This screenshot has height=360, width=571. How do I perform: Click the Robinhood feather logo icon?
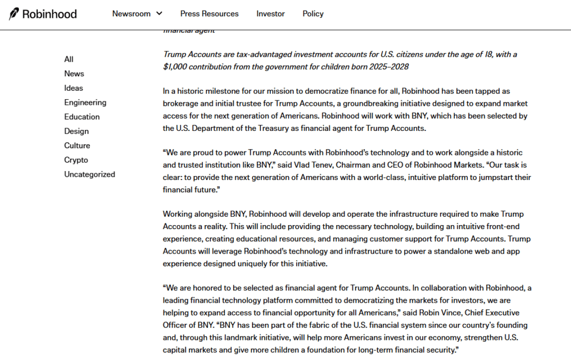coord(14,14)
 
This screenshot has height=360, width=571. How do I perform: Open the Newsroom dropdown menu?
coord(132,14)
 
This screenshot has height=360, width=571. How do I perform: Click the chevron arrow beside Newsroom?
coord(159,13)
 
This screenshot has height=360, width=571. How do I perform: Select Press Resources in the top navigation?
coord(209,14)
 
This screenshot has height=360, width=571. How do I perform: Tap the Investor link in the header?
coord(270,14)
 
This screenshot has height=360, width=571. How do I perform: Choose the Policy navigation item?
coord(313,14)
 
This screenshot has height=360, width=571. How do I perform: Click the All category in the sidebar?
coord(69,59)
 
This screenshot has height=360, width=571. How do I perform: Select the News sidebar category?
coord(74,74)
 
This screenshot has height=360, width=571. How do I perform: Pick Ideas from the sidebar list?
coord(73,88)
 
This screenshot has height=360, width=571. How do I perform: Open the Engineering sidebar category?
coord(85,103)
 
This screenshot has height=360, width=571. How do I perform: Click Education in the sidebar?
coord(81,117)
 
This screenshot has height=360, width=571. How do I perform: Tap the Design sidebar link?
coord(76,132)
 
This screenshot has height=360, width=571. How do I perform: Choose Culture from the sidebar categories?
coord(76,146)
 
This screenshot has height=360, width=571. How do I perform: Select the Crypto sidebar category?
coord(76,160)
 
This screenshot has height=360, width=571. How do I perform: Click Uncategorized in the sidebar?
coord(89,174)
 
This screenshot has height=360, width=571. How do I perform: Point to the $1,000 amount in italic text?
coord(175,67)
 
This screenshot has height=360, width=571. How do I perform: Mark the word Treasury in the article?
coord(264,128)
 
